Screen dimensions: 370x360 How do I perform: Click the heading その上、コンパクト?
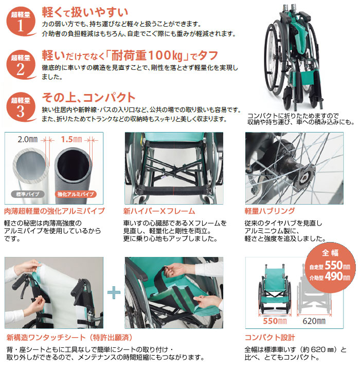(x=88, y=97)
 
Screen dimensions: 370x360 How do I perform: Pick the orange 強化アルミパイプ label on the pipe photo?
(x=75, y=195)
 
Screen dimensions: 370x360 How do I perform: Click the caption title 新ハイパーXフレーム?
(x=159, y=211)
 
